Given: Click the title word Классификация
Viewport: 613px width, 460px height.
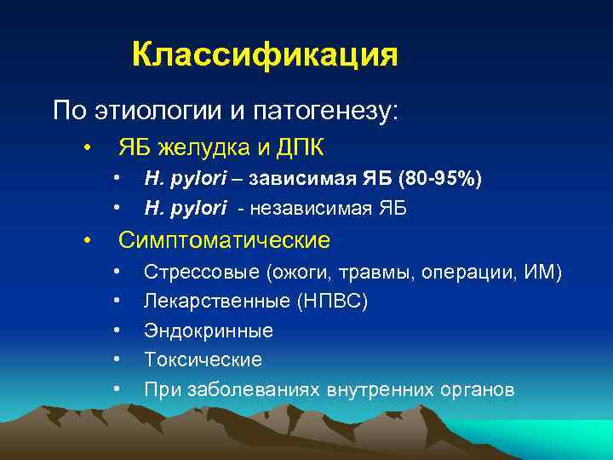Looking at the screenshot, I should (x=265, y=55).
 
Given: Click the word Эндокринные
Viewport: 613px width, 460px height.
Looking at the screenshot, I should (x=209, y=331).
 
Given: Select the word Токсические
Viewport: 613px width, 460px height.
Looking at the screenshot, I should (x=203, y=359).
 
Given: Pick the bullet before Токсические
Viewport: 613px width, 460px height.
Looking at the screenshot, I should (x=117, y=360).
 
